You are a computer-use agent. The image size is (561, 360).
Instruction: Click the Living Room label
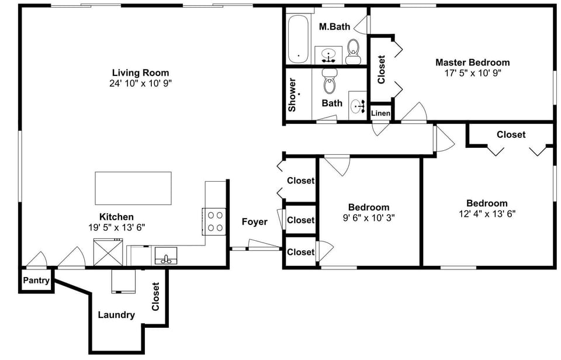pos(140,72)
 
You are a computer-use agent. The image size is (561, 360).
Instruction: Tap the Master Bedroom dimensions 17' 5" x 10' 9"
pos(472,73)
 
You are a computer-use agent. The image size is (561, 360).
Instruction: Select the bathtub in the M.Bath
pos(298,39)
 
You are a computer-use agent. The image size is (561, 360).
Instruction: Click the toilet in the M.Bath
pos(353,51)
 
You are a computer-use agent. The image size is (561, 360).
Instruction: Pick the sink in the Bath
pos(357,106)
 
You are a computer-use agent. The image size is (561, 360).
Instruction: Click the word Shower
pos(292,95)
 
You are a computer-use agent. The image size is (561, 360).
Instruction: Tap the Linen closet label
pos(380,113)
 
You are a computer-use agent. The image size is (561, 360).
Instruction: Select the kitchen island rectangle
pos(133,188)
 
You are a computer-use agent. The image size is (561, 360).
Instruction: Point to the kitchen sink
pos(167,256)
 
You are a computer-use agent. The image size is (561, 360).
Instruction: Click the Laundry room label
pos(116,315)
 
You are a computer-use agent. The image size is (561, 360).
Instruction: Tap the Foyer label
pos(254,221)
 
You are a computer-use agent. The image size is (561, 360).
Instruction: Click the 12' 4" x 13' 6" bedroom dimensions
pos(487,213)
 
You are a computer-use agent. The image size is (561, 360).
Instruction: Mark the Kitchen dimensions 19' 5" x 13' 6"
pos(116,227)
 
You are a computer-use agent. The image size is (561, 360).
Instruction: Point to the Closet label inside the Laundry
pos(155,297)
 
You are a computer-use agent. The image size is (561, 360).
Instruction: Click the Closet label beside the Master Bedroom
pos(381,70)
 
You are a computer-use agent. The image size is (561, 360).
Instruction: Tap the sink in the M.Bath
pos(329,56)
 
